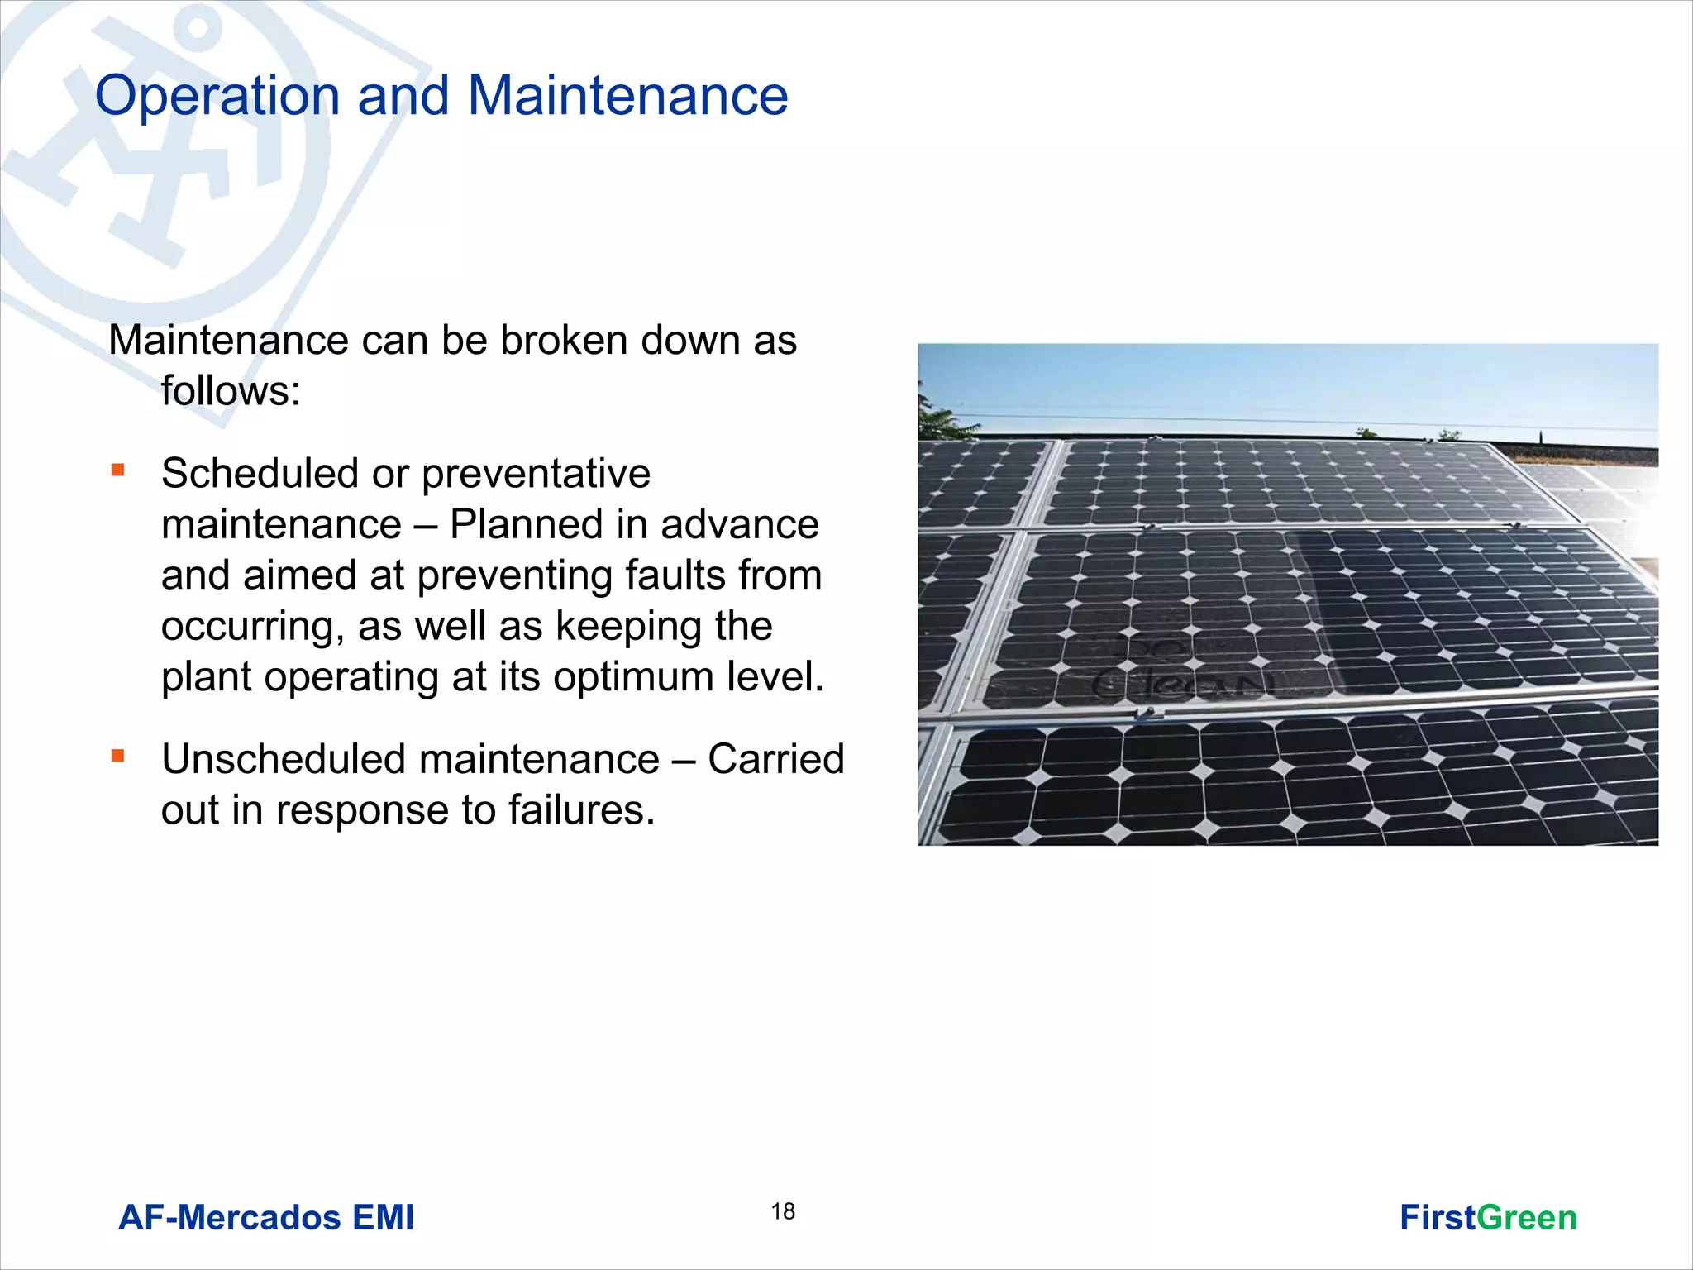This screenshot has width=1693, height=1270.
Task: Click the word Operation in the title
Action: (x=217, y=96)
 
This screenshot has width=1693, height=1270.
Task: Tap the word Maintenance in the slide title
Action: (x=627, y=96)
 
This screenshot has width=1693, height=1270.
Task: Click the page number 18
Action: (x=783, y=1211)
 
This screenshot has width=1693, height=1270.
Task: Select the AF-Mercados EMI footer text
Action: (x=266, y=1218)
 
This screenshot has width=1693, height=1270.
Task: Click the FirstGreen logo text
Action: (x=1488, y=1218)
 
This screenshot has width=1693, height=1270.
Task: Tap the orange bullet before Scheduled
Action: (x=118, y=470)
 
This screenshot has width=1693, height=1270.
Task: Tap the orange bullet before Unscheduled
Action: (x=118, y=756)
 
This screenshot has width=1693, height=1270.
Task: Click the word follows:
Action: (x=231, y=390)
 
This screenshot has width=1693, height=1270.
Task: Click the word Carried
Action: (x=775, y=759)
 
